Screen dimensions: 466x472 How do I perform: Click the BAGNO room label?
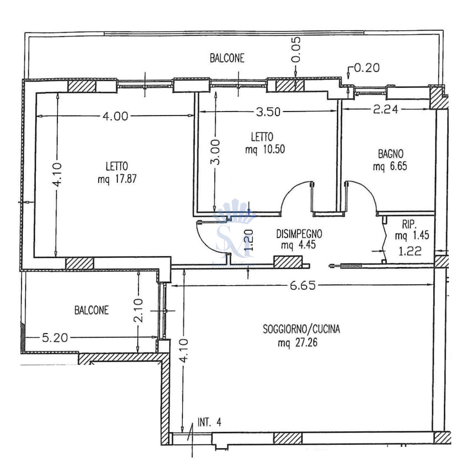point(390,154)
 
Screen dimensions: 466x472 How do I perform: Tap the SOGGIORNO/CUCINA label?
point(301,329)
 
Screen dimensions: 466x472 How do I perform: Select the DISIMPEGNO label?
point(299,234)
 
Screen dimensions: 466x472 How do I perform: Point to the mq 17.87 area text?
point(117,179)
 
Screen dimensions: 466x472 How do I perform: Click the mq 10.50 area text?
point(265,149)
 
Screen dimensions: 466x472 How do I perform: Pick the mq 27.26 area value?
point(298,343)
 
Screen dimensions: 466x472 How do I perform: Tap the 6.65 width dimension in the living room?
point(303,285)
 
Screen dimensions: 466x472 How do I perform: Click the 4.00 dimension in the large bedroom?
point(115,116)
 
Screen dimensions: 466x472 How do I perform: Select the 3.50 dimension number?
point(268,112)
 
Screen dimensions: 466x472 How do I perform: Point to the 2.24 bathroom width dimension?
point(386,110)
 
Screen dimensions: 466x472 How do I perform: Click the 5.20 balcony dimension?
point(55,338)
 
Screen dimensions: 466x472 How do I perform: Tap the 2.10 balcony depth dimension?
point(138,310)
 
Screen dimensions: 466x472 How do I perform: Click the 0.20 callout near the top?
point(367,68)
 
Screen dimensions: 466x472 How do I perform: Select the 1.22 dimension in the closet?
point(410,251)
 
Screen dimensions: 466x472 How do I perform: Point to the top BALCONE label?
point(227,58)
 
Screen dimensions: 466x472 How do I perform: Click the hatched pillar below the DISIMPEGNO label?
point(288,262)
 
